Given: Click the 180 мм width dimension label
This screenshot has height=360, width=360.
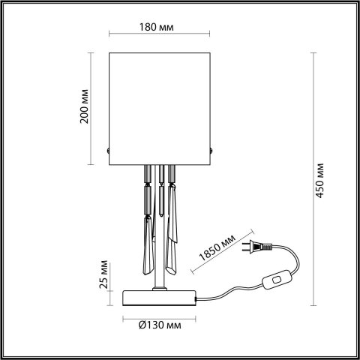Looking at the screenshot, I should [x=158, y=27].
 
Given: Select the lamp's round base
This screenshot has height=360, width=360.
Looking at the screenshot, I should [x=158, y=297].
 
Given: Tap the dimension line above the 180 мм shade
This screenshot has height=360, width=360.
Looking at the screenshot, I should [x=158, y=35].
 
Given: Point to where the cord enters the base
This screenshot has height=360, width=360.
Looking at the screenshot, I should [x=196, y=299].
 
